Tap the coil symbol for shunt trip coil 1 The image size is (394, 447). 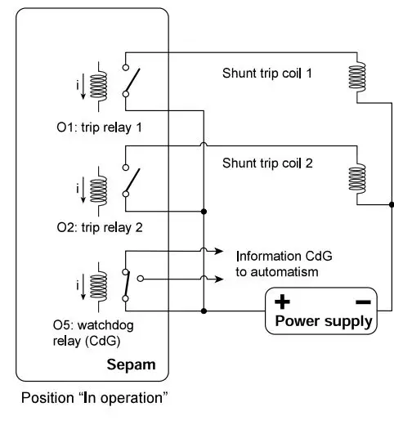pos(356,76)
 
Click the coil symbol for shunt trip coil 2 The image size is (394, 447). pos(356,179)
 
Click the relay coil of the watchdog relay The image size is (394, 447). pos(99,285)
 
